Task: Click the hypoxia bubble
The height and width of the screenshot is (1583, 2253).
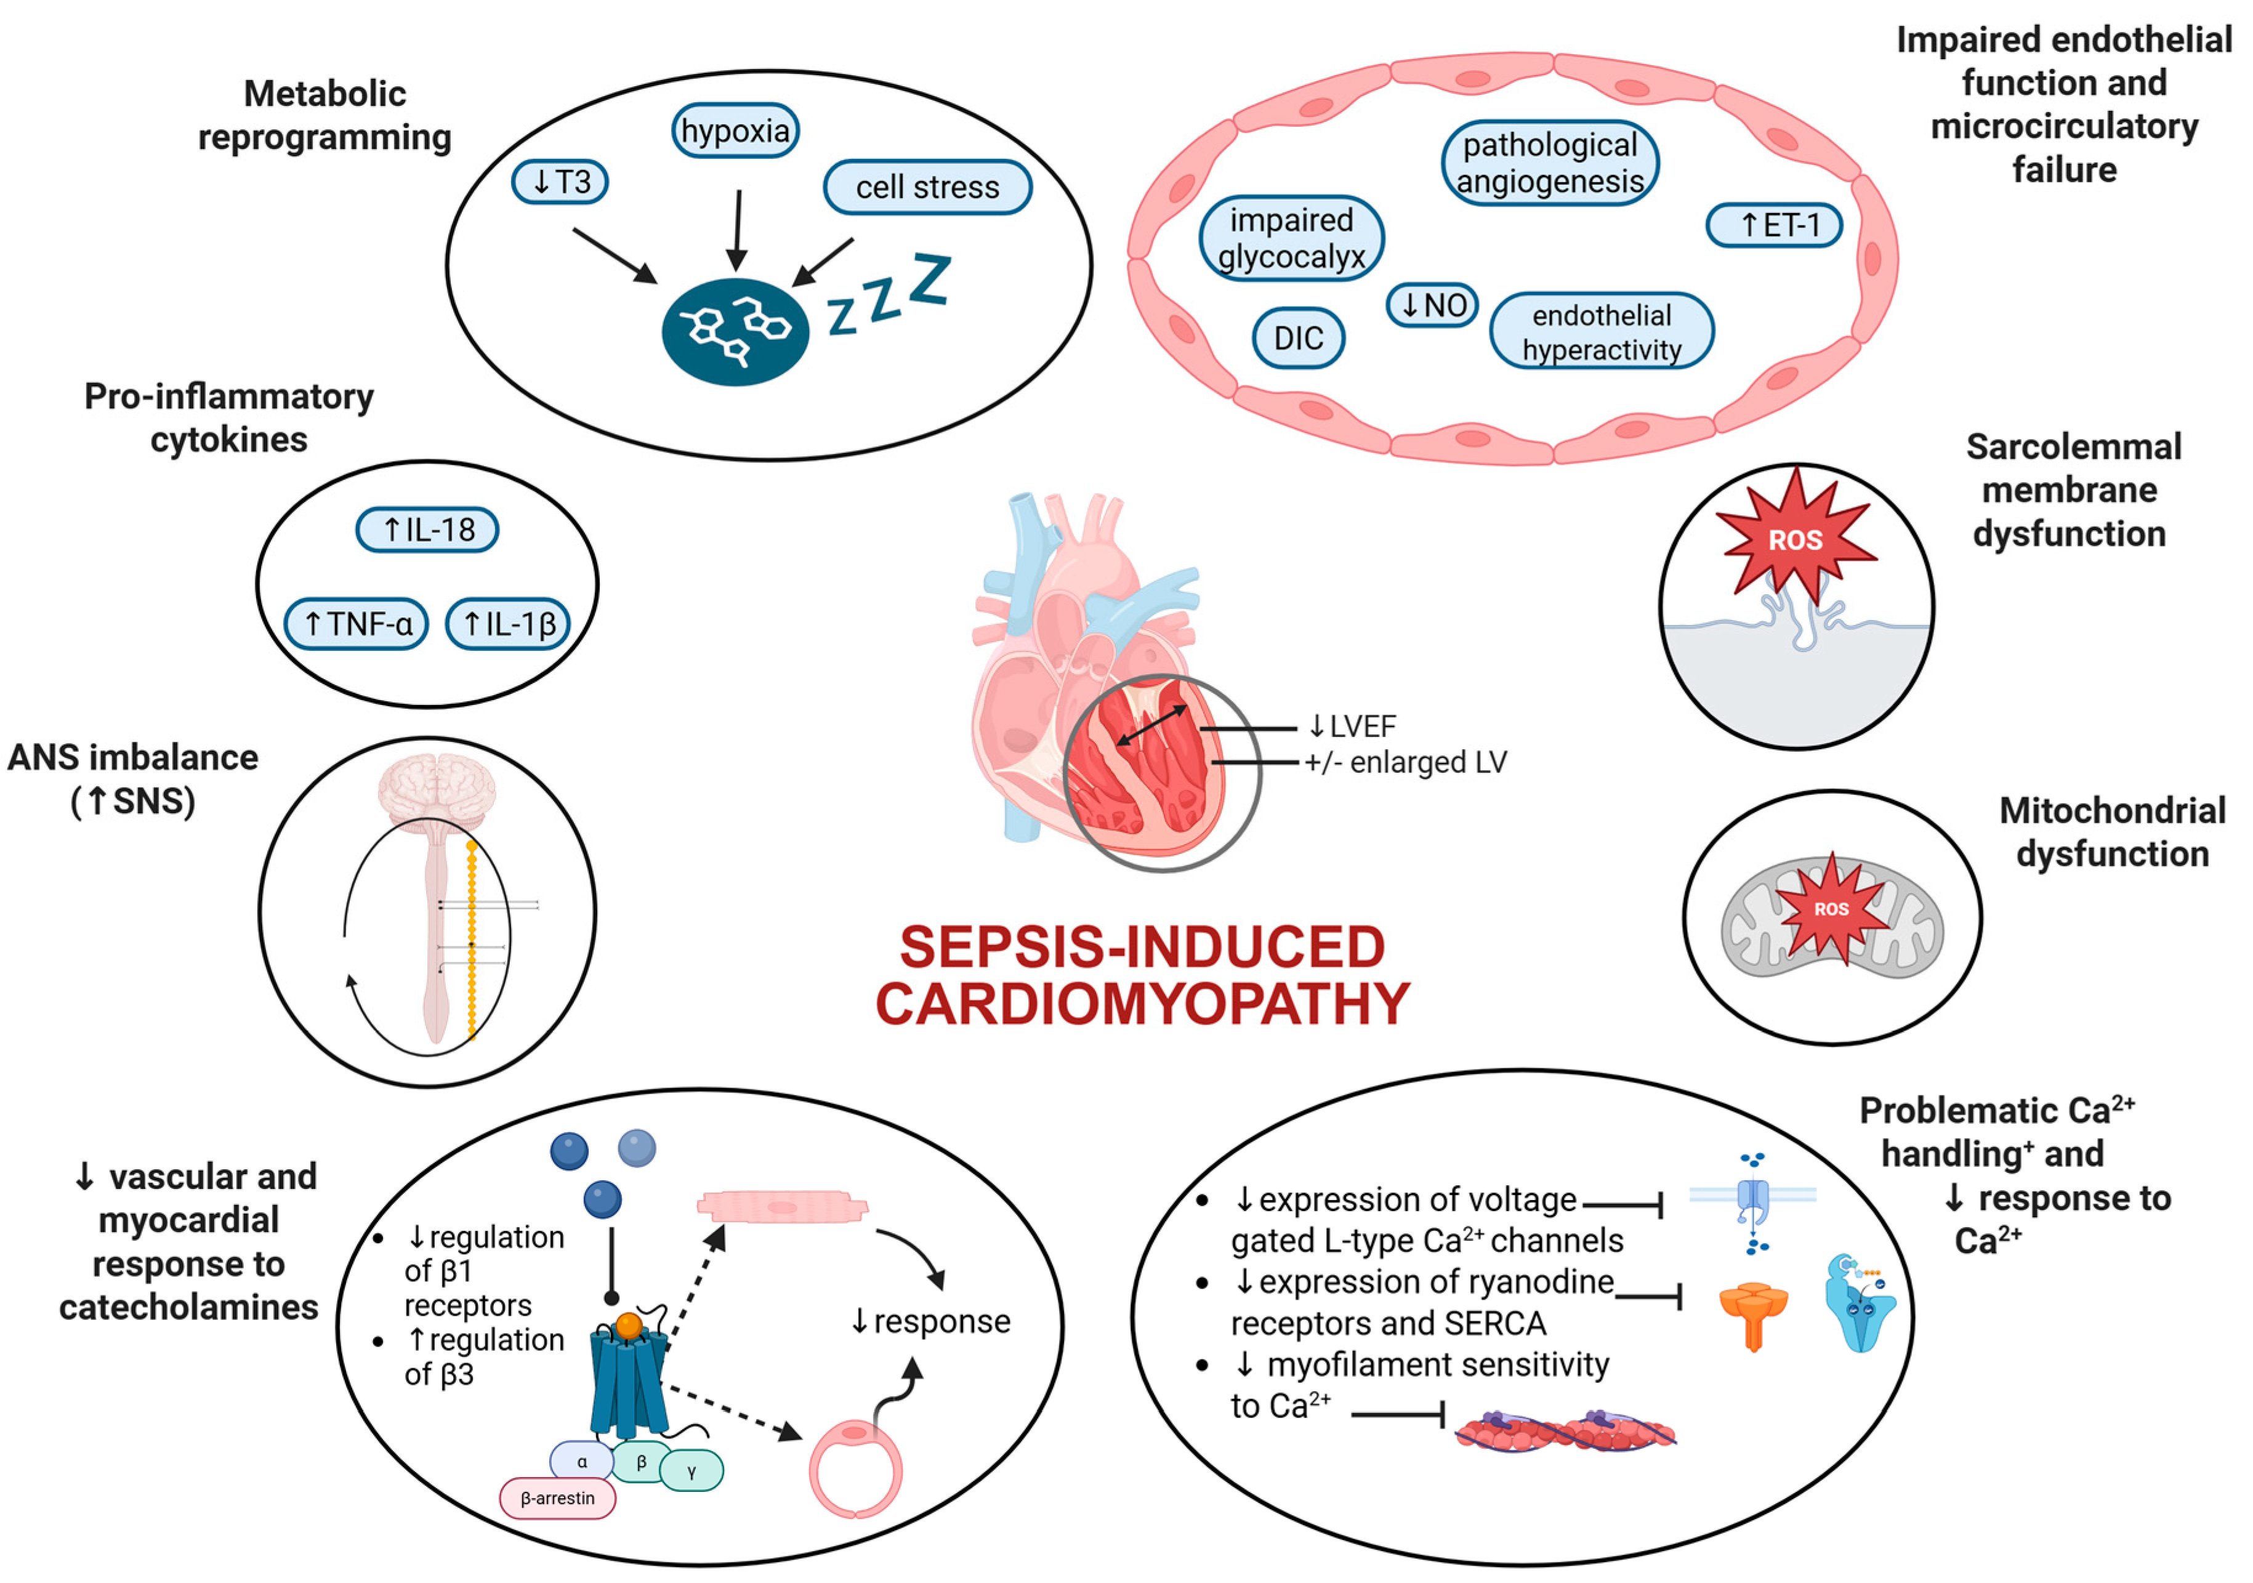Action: [735, 131]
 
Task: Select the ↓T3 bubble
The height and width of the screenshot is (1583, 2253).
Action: [560, 182]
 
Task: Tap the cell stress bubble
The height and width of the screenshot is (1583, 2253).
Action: [927, 187]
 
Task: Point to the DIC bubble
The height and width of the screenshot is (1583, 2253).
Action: [1298, 339]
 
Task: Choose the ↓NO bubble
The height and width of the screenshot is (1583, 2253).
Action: [1433, 305]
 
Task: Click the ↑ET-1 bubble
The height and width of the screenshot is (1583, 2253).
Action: [1774, 226]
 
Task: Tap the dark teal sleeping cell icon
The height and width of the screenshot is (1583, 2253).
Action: [735, 332]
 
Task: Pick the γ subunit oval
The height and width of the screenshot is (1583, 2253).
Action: [692, 1470]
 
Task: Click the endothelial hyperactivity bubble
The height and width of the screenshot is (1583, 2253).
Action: [1602, 332]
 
